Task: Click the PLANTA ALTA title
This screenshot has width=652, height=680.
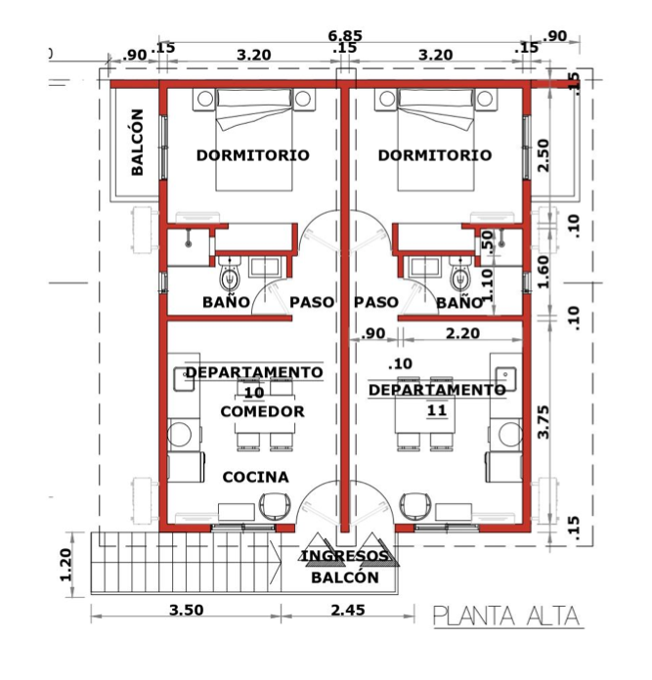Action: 507,616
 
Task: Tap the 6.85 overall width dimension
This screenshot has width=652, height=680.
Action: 345,35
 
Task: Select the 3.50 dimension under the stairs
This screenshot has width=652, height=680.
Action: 186,611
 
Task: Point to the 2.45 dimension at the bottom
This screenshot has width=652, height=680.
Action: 348,611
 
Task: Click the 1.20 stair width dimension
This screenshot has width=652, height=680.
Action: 65,565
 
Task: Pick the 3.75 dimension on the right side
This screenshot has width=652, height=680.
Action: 543,421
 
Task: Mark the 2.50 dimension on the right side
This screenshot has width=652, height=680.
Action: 543,155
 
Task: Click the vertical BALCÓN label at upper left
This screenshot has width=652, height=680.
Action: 137,143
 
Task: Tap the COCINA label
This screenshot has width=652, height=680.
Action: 255,477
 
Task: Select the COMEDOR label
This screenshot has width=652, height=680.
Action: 262,411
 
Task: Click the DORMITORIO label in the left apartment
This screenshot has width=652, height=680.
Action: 253,154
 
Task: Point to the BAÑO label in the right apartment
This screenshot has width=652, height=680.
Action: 459,302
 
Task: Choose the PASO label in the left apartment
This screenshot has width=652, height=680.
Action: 312,302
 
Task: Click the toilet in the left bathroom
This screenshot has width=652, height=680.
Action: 230,274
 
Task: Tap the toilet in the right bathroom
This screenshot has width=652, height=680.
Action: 460,274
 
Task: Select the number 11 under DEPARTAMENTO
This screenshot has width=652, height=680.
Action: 437,410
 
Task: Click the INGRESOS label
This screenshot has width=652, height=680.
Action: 345,556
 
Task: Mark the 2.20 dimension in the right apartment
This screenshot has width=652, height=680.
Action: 462,333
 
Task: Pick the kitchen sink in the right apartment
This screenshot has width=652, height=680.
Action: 505,379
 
